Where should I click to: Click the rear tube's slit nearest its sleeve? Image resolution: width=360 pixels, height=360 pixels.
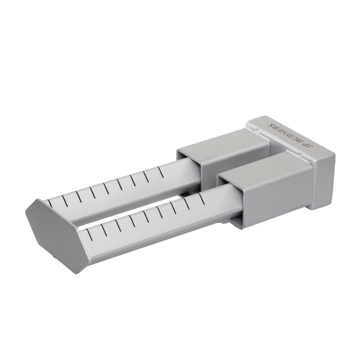(x=161, y=173)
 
